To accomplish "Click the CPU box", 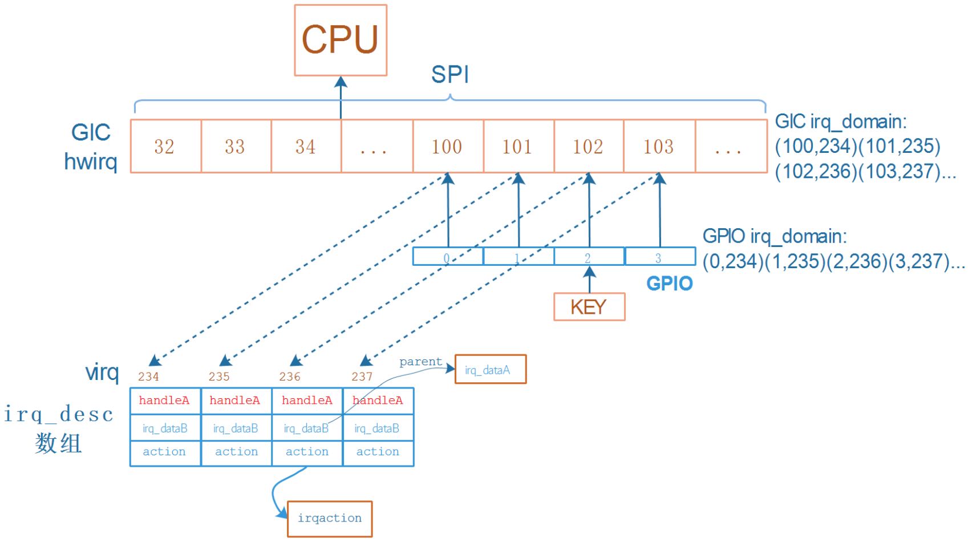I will click(x=341, y=40).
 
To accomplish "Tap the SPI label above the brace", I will click(x=449, y=75).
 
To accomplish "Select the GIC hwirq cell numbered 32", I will click(x=165, y=147).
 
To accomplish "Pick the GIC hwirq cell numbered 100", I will click(x=447, y=147).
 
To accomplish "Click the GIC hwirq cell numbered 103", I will click(x=659, y=147).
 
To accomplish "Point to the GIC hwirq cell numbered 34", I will click(x=306, y=147).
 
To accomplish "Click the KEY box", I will click(x=589, y=307).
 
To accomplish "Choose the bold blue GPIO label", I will click(x=669, y=284).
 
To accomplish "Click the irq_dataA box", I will click(x=490, y=370).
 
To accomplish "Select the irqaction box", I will click(x=330, y=519).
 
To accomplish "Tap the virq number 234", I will click(x=148, y=377).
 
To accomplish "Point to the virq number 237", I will click(x=362, y=377).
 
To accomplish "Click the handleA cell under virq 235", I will click(x=235, y=401).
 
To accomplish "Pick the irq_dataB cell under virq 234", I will click(x=165, y=428).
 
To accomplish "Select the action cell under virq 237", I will click(x=378, y=452).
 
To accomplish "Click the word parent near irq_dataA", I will click(x=420, y=362).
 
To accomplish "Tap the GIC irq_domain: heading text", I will click(x=840, y=122).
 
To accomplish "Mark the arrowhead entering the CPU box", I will click(x=341, y=82).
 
